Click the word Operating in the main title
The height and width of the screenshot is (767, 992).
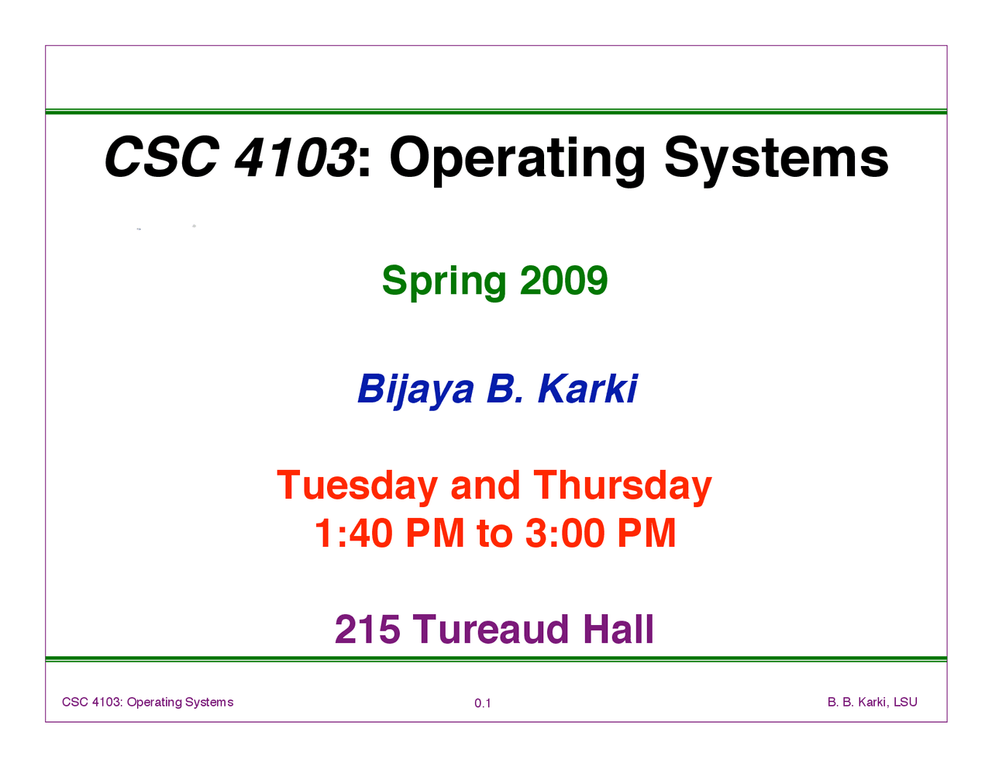(517, 161)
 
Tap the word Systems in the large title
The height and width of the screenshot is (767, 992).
(776, 159)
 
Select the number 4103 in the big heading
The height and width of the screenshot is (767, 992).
(295, 157)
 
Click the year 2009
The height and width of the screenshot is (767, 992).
(563, 280)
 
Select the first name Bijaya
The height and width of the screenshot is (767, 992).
(416, 392)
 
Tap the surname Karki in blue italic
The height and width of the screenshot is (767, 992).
(588, 389)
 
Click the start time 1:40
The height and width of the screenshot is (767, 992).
(353, 533)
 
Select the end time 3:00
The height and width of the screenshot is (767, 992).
(565, 533)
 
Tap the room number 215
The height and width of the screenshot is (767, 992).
(367, 630)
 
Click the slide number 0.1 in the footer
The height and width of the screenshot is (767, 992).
(483, 703)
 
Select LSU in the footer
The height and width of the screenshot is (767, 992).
(905, 702)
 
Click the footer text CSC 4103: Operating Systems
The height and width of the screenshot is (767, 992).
(147, 703)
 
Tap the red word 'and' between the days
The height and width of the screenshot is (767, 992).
(485, 485)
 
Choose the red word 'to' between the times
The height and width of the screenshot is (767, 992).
(495, 534)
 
